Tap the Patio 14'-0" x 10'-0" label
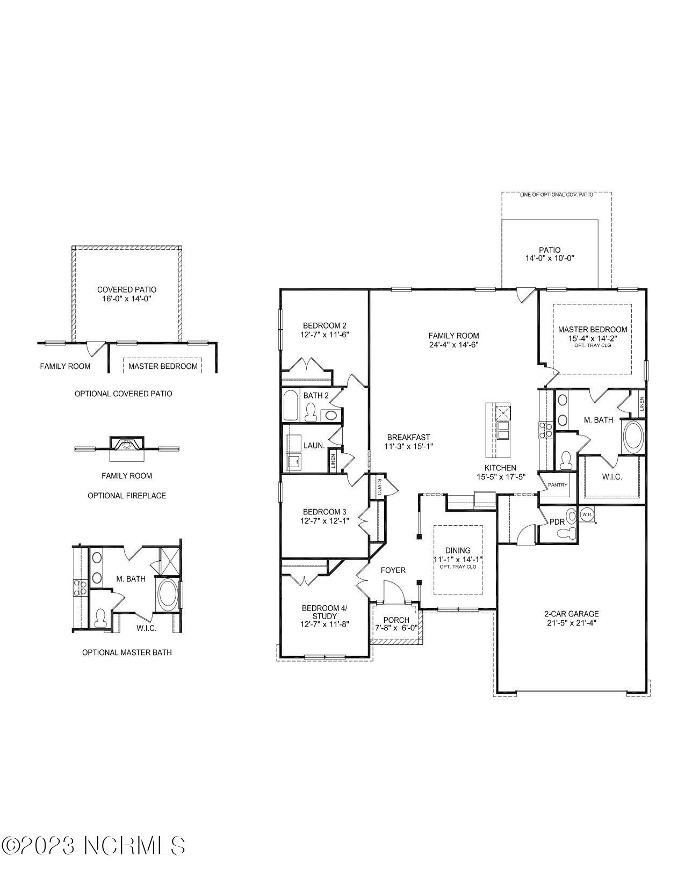550,253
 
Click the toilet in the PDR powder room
567,533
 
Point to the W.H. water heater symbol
587,514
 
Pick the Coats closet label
379,487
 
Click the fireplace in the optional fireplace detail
127,445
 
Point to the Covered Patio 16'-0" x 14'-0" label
127,294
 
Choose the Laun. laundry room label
314,445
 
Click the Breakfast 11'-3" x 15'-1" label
408,441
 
